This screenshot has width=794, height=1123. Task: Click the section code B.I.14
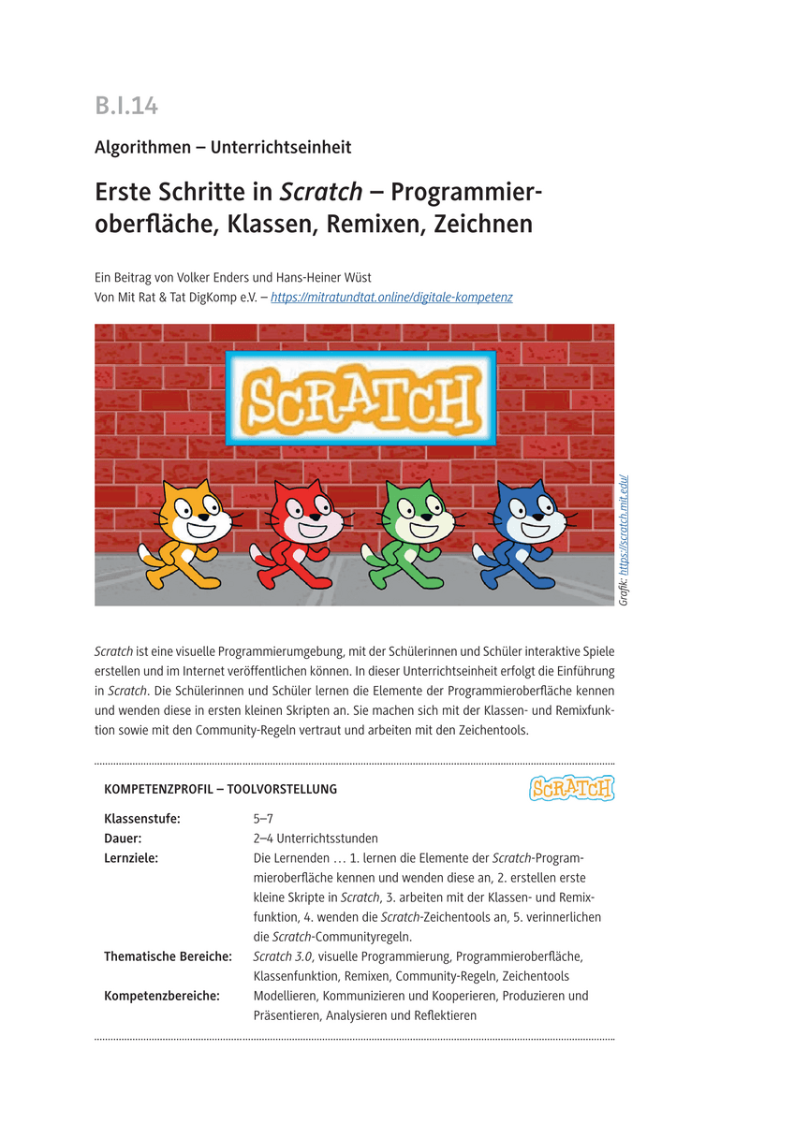click(126, 106)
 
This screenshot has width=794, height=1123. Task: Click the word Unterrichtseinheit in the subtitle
click(281, 147)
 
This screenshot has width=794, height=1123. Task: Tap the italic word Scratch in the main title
click(321, 192)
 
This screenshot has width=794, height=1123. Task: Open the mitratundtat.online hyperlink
click(391, 298)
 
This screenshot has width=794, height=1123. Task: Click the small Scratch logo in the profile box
click(571, 788)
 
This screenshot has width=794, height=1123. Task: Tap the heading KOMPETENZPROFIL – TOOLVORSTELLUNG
click(221, 789)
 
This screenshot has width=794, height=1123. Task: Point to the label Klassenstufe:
click(142, 819)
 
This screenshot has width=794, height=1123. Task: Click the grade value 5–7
click(263, 819)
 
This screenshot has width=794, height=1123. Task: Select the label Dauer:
click(123, 839)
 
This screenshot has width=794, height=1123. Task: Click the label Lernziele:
click(131, 858)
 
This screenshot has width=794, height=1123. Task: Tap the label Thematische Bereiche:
click(168, 956)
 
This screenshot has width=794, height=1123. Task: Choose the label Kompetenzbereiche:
click(162, 996)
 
